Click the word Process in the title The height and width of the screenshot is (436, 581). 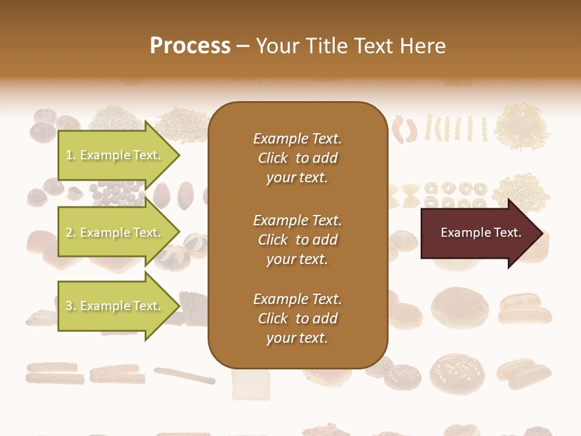(x=190, y=46)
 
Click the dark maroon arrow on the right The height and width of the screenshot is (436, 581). (x=478, y=233)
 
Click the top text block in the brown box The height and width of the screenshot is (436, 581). (x=297, y=158)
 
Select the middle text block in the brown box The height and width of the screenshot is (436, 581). (x=297, y=240)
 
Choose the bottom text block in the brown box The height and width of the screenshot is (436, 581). (x=297, y=319)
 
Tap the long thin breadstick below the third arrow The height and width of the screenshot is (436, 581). (x=184, y=375)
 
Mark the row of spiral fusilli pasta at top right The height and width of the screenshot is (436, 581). (x=457, y=128)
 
